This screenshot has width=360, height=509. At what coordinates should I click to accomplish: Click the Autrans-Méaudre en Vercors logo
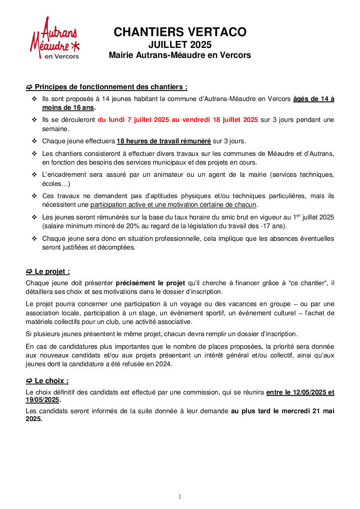(x=55, y=38)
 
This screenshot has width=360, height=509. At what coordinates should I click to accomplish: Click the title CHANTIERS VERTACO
(x=180, y=32)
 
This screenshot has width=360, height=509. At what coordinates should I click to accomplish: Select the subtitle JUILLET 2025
(x=180, y=44)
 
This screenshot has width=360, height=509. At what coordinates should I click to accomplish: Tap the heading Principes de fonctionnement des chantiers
(x=111, y=87)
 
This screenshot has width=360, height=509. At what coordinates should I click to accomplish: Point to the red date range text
(x=178, y=120)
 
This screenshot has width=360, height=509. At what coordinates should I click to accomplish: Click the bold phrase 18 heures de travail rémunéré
(x=164, y=141)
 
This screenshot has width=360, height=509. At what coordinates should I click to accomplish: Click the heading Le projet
(x=52, y=272)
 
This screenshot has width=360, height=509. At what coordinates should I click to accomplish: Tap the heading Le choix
(x=51, y=381)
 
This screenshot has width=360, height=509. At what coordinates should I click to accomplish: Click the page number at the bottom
(x=180, y=497)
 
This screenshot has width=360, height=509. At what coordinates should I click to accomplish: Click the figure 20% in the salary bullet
(x=133, y=226)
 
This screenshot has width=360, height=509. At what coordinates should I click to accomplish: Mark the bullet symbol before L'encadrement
(x=34, y=175)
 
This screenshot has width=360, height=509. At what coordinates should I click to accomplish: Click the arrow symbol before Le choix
(x=29, y=381)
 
